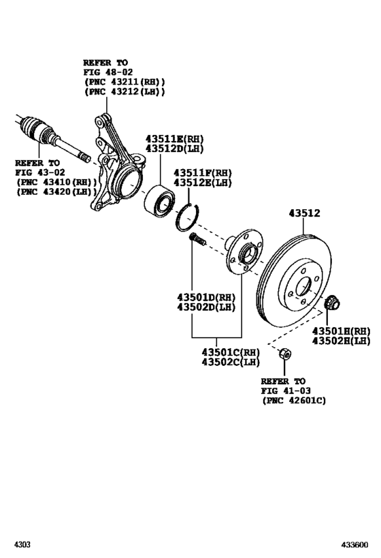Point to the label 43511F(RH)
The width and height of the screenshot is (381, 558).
[203, 173]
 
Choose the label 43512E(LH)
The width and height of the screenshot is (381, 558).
[203, 183]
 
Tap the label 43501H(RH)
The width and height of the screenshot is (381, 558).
[341, 330]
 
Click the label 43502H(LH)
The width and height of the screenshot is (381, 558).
[341, 340]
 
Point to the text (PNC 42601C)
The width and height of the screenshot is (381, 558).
[293, 401]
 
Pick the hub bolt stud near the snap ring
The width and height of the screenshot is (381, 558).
[197, 240]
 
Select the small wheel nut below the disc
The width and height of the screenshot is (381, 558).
[286, 354]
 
